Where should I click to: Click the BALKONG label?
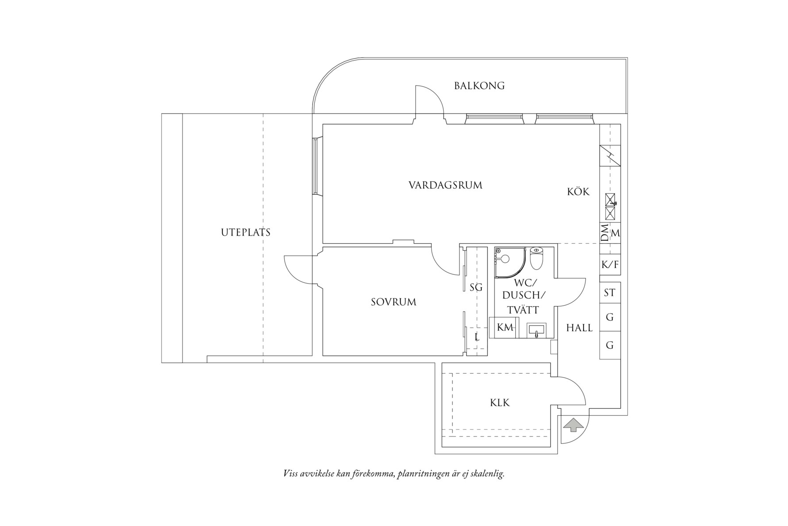(x=479, y=86)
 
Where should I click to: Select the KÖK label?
(x=578, y=192)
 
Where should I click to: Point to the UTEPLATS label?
(x=245, y=232)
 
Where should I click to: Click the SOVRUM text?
(x=393, y=302)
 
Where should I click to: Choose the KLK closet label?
(x=499, y=403)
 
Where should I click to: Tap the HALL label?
(x=579, y=328)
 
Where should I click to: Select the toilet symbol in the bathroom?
(x=536, y=259)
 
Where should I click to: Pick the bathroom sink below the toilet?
(x=536, y=330)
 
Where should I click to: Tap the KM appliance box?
(x=505, y=327)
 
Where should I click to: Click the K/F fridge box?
(x=610, y=265)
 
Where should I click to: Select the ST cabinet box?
(x=610, y=292)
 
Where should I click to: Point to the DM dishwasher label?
(x=605, y=233)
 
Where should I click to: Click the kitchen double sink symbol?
(x=610, y=206)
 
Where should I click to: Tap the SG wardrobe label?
(x=475, y=288)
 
